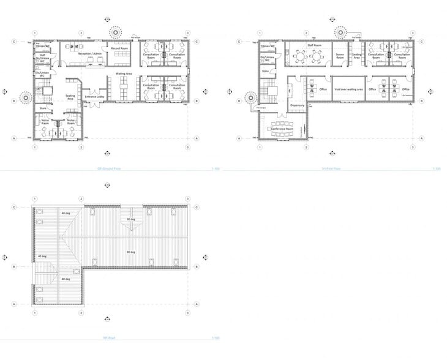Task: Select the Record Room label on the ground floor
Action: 119,48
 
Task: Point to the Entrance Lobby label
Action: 96,97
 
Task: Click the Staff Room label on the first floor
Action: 314,45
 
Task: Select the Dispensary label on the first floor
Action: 297,105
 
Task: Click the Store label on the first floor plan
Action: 266,71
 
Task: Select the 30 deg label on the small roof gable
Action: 130,219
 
